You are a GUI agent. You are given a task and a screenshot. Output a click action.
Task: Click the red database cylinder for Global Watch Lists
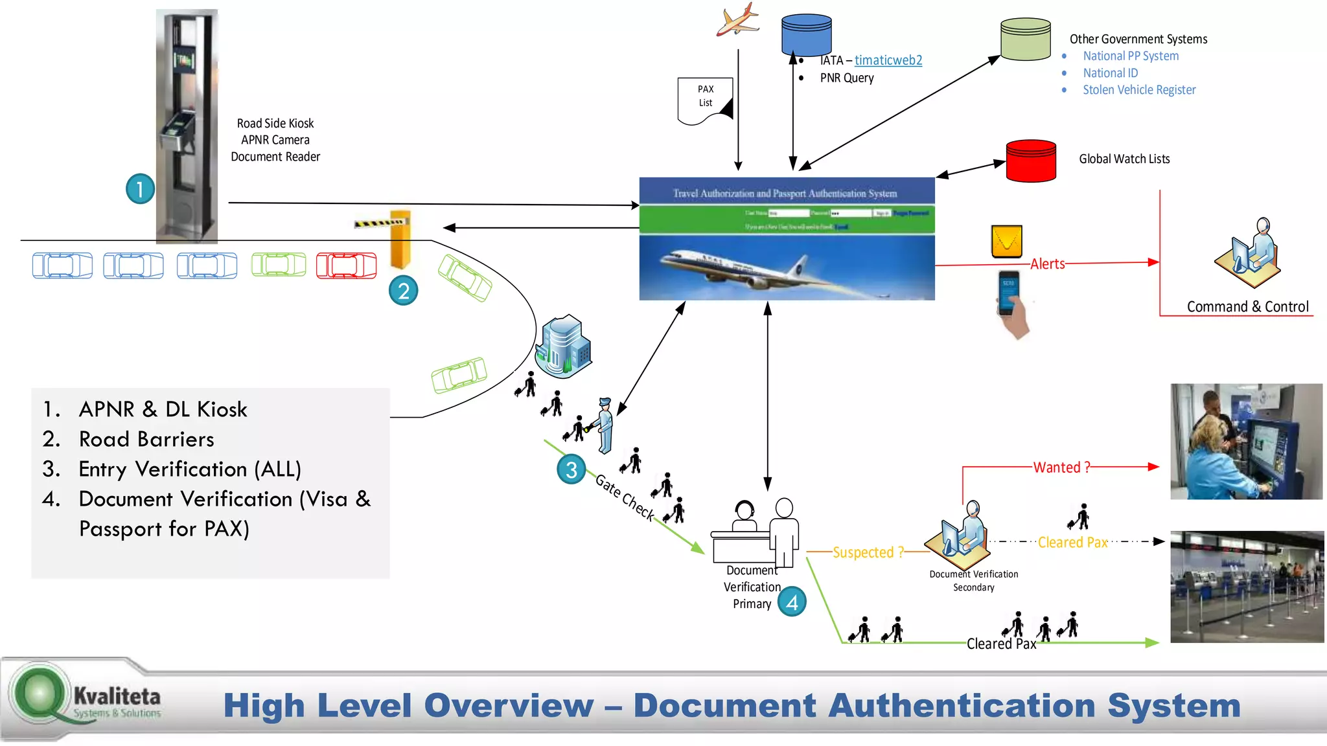pos(1030,161)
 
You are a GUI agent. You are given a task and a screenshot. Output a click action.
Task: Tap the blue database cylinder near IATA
pos(806,35)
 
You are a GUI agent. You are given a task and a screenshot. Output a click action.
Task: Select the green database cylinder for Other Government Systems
pos(1025,39)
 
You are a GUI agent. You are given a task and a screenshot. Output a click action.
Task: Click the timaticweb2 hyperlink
pos(888,60)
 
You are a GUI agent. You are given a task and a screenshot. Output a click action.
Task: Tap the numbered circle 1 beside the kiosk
pos(140,189)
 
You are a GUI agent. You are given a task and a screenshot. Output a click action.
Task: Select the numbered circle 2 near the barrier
pos(403,291)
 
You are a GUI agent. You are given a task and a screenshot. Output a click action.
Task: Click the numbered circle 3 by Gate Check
pos(571,469)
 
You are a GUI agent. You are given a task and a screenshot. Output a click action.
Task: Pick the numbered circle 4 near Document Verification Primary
pos(792,602)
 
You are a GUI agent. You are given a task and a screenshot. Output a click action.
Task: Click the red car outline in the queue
pos(346,266)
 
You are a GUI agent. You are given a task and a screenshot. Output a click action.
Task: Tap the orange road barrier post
pos(400,240)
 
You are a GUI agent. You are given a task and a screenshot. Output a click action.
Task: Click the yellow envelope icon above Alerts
pos(1006,242)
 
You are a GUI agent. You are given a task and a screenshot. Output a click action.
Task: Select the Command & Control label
pos(1247,307)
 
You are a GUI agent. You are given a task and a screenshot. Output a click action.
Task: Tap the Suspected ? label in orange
pos(868,552)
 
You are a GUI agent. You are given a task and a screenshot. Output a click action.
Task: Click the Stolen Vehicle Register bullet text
pos(1138,90)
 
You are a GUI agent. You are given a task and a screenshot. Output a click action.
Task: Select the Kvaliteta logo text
pos(117,697)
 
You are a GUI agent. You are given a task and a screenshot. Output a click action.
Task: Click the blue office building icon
pos(563,346)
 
